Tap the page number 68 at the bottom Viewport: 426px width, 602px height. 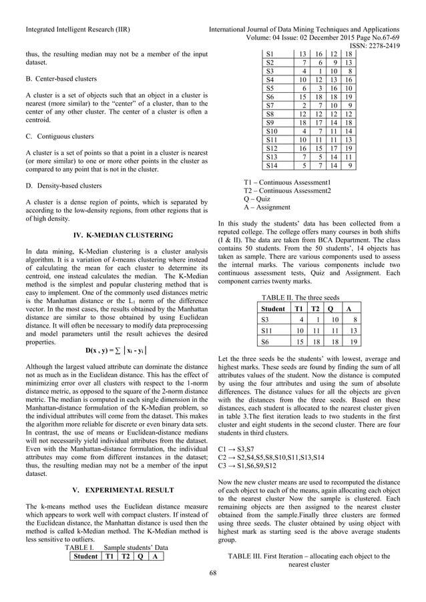tap(213, 572)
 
